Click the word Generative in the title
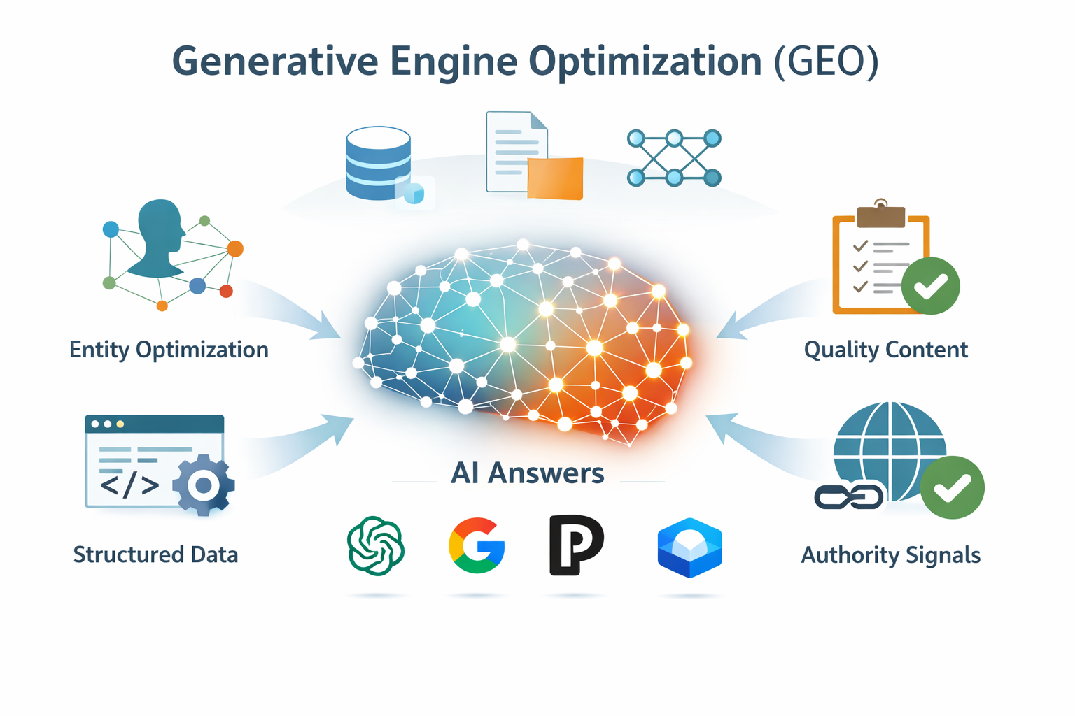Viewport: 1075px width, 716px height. click(274, 62)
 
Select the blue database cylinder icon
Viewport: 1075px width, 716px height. click(379, 164)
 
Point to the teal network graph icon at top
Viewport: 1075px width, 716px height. click(674, 158)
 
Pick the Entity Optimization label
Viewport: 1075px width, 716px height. click(169, 350)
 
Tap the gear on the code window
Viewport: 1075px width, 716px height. click(204, 485)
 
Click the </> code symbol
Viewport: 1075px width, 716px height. click(129, 485)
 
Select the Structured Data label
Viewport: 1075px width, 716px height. click(155, 555)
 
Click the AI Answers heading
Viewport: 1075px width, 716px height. click(527, 473)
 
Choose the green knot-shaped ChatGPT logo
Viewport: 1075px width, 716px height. click(376, 546)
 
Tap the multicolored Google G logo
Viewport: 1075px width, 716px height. click(477, 545)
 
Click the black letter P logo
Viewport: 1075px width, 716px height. click(575, 545)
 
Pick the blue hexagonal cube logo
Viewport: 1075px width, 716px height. click(689, 547)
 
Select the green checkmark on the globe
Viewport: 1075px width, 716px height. click(952, 487)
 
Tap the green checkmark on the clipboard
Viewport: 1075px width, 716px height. click(930, 285)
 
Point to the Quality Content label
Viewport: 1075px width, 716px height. click(885, 350)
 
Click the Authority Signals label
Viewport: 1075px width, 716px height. click(890, 555)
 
